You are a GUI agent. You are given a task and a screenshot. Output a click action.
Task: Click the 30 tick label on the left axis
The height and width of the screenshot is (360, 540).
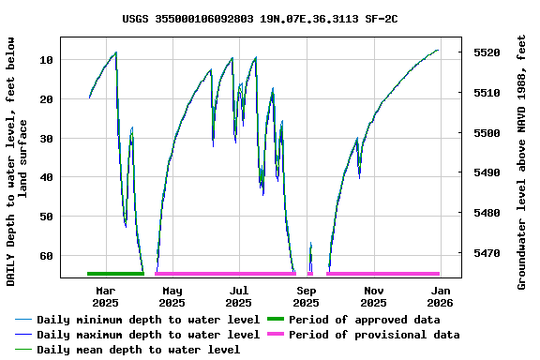point(46,139)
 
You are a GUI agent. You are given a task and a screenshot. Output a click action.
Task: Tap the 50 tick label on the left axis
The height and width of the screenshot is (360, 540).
point(46,217)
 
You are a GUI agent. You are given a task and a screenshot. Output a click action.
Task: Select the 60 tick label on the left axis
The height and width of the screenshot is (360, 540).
point(46,256)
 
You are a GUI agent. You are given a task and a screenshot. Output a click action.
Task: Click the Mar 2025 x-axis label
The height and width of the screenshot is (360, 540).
point(105,296)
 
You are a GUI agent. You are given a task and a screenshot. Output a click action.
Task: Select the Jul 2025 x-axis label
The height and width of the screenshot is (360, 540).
point(239,296)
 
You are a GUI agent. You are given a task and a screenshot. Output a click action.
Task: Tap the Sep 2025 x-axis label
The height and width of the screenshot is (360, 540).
point(307,296)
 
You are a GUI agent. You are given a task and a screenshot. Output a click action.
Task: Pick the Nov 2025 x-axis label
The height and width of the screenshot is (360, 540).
point(373,296)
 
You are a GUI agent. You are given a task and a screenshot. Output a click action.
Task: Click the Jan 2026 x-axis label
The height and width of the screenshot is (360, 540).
point(441,296)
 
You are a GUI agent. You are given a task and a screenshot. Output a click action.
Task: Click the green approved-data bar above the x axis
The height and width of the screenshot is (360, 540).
point(114,274)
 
